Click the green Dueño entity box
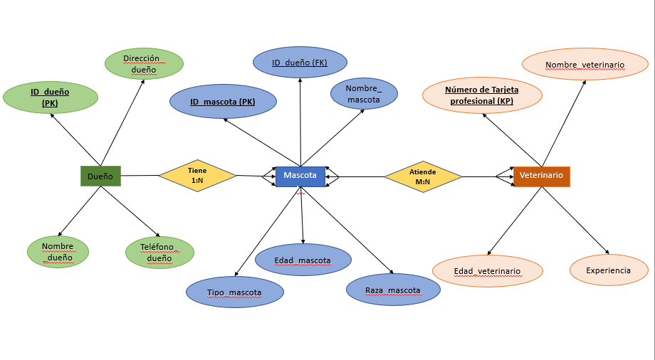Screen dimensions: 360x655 (x=100, y=176)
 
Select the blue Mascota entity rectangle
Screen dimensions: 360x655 (x=300, y=176)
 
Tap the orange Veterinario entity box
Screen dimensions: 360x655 (x=541, y=176)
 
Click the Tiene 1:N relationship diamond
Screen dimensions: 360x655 (x=197, y=176)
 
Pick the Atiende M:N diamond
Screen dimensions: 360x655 (x=423, y=176)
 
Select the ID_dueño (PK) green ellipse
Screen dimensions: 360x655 (x=50, y=97)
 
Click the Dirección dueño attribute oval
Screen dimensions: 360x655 (x=144, y=64)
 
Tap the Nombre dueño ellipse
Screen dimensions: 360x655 (x=58, y=252)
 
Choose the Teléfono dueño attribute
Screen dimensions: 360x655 (x=159, y=253)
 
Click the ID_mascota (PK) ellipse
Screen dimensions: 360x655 (x=222, y=102)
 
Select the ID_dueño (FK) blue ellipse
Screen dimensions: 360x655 (x=300, y=63)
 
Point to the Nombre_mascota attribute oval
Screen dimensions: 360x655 (x=364, y=94)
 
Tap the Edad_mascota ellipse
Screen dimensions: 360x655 (x=303, y=260)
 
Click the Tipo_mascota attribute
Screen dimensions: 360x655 (x=235, y=292)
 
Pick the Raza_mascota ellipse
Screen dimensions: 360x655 (x=392, y=290)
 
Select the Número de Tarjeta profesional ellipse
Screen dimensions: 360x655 (x=482, y=95)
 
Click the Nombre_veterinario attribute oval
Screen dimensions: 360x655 (x=585, y=65)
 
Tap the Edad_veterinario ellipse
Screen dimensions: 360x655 (x=488, y=271)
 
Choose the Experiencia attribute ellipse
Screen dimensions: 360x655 (x=609, y=270)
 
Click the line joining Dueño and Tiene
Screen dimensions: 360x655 (x=140, y=176)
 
